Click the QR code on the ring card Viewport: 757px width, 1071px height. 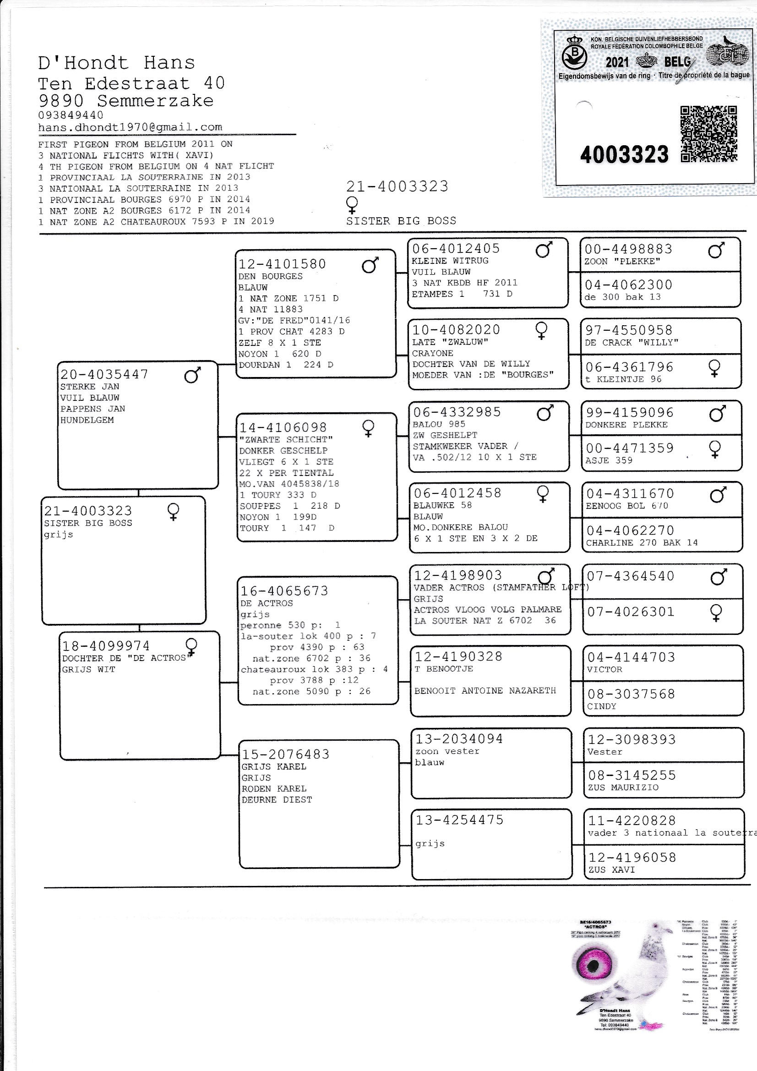pyautogui.click(x=708, y=134)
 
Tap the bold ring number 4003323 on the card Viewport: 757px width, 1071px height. pyautogui.click(x=624, y=154)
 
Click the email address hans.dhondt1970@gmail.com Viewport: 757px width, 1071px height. pyautogui.click(x=130, y=127)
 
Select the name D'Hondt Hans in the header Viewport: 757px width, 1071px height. pyautogui.click(x=116, y=63)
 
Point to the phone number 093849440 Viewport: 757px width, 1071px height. pyautogui.click(x=71, y=115)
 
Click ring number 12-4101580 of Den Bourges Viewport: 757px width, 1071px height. pyautogui.click(x=282, y=264)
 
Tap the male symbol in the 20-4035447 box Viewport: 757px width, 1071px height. pyautogui.click(x=192, y=375)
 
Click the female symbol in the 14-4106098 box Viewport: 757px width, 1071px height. pyautogui.click(x=369, y=428)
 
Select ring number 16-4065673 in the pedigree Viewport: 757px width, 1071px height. pyautogui.click(x=284, y=591)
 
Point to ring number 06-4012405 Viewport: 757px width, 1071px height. pyautogui.click(x=456, y=249)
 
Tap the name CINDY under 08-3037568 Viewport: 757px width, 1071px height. pyautogui.click(x=601, y=706)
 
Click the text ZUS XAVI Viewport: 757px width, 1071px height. pyautogui.click(x=611, y=869)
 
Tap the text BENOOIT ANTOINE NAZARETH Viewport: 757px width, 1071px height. pyautogui.click(x=485, y=690)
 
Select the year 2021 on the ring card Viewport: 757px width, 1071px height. pyautogui.click(x=616, y=62)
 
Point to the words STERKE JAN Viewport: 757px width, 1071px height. pyautogui.click(x=90, y=386)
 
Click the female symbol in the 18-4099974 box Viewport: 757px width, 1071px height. pyautogui.click(x=191, y=646)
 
